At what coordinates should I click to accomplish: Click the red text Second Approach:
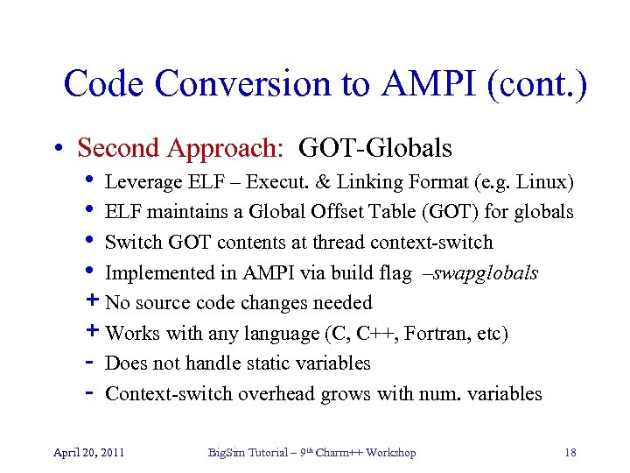[180, 148]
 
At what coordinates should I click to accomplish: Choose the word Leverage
[138, 182]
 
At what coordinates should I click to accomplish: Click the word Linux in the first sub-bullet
[543, 182]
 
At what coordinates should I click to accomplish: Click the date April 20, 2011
[88, 453]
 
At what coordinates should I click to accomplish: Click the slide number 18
[570, 453]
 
